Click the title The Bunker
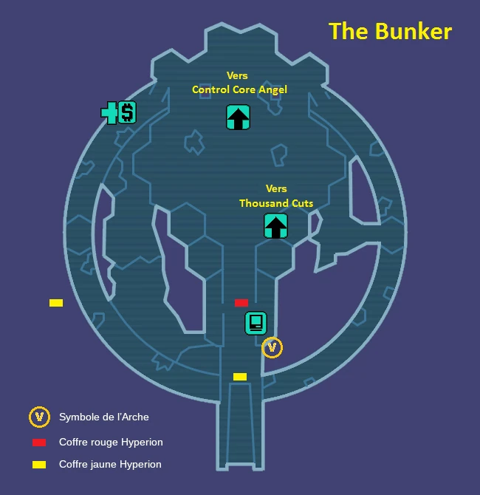(390, 31)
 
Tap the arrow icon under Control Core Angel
(238, 117)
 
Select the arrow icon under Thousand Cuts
(275, 225)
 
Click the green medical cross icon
(109, 113)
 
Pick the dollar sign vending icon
(127, 112)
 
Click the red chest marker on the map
(241, 303)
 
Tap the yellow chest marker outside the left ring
(56, 303)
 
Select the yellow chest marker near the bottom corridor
(240, 377)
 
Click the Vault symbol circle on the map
(272, 346)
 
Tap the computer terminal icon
(256, 323)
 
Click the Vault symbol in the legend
(39, 417)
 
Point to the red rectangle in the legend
(39, 443)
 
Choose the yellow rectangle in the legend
(39, 465)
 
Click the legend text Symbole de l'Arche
(104, 417)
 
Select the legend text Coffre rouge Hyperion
(111, 442)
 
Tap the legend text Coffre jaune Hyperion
(110, 464)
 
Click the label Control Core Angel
(239, 89)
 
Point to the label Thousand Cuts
(276, 203)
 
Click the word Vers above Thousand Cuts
(276, 188)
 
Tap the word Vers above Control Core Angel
(237, 75)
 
